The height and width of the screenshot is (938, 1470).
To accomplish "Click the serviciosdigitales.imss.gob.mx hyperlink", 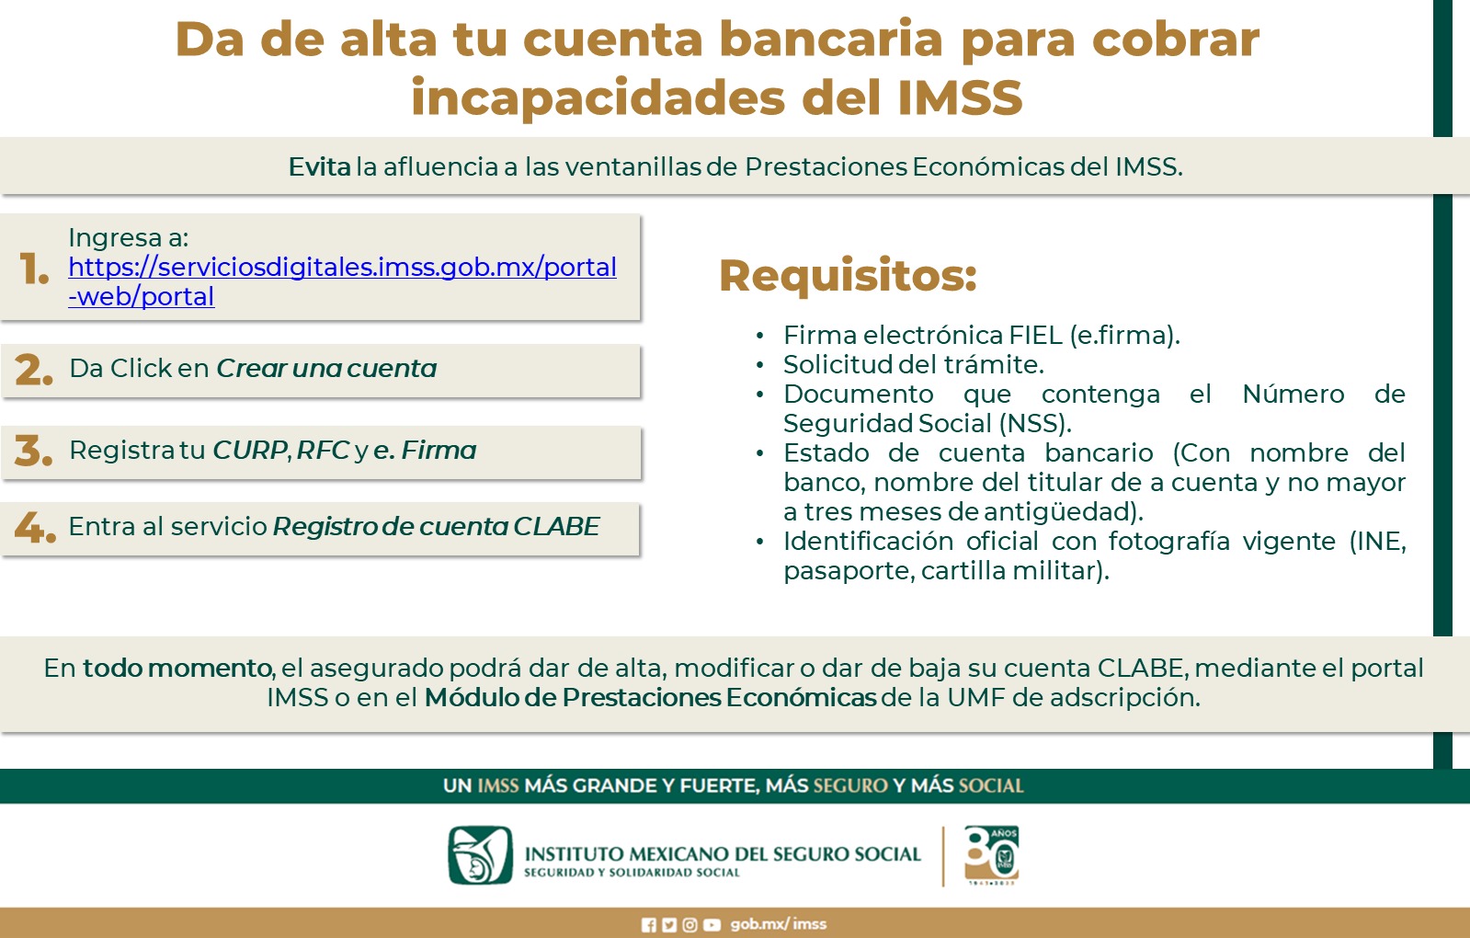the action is [342, 281].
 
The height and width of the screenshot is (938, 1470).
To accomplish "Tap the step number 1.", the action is [34, 269].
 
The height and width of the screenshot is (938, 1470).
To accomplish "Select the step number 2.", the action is [33, 370].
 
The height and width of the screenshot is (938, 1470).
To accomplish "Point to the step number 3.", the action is [33, 451].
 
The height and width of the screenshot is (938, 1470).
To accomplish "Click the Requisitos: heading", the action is [848, 276].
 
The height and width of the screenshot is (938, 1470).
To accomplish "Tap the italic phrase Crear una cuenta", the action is [326, 368].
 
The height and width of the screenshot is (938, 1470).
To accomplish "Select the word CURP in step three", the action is [250, 451].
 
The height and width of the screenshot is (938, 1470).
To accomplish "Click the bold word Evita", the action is [320, 166].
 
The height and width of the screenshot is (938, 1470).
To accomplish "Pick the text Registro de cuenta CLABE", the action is [437, 526].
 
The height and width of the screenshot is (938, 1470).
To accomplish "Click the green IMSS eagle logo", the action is [481, 855].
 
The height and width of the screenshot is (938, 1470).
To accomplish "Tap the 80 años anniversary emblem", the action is [992, 855].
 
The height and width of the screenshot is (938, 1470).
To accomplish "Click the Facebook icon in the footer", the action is [648, 925].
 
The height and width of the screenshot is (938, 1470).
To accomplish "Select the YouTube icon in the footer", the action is [712, 925].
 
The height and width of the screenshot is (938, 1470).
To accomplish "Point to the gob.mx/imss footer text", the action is [779, 924].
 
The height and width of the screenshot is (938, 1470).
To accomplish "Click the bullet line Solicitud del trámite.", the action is [914, 364].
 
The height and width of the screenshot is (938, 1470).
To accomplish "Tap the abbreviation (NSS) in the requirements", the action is [1035, 423].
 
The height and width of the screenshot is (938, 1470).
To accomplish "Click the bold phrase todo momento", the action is [177, 669].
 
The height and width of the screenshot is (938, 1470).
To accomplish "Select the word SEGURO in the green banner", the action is [850, 785].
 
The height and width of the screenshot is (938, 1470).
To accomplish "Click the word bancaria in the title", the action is [831, 40].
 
